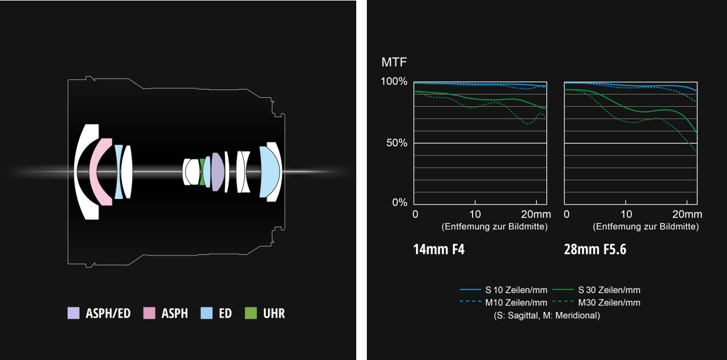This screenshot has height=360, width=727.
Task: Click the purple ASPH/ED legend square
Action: (73, 313)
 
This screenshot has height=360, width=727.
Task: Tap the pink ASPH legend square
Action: (149, 313)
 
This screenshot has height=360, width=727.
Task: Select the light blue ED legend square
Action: (206, 313)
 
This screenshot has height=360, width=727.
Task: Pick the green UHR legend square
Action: (251, 313)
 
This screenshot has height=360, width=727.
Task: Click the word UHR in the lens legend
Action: (274, 313)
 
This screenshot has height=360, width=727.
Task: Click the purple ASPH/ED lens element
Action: (218, 172)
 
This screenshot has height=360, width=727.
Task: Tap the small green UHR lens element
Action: (202, 172)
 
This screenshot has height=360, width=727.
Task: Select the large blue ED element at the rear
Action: (269, 172)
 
